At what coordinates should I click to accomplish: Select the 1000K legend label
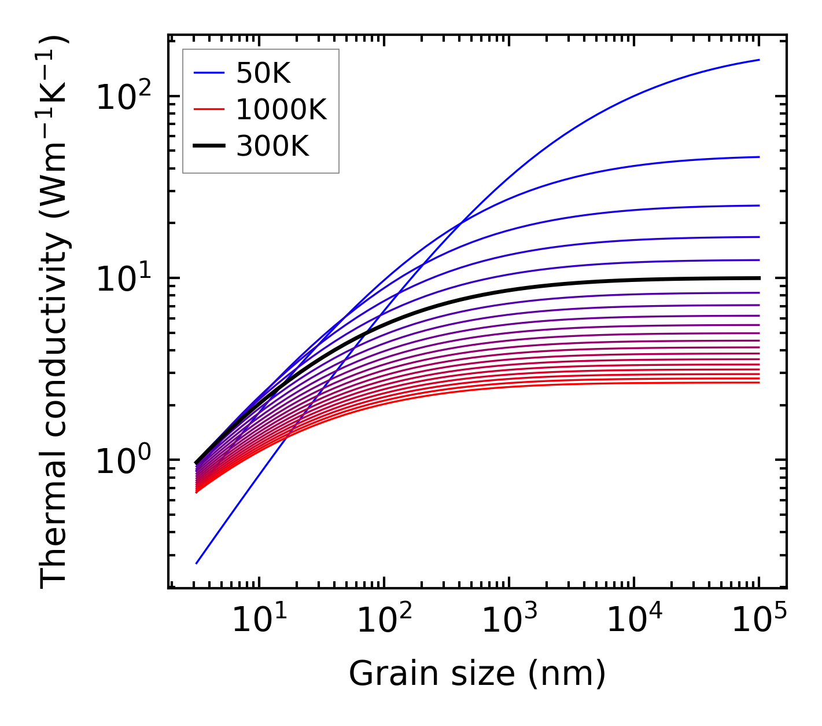click(x=281, y=109)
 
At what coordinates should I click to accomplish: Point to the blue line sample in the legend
click(x=208, y=73)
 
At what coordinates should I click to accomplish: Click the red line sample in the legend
click(x=208, y=109)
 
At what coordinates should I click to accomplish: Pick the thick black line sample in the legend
click(x=208, y=146)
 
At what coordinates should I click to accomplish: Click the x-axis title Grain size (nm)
click(x=477, y=674)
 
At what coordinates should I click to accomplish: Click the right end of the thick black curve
click(x=758, y=278)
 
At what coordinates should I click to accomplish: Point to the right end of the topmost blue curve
click(x=758, y=60)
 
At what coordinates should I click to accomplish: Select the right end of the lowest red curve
click(x=758, y=382)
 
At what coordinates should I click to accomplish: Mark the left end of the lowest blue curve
click(x=197, y=563)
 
